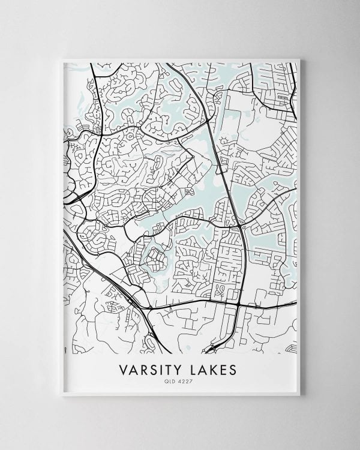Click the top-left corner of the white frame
click(62, 59)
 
